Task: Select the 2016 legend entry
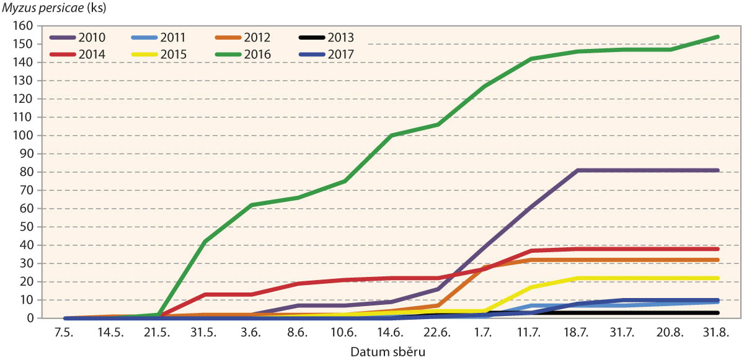pos(257,54)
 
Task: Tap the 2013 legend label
pos(340,38)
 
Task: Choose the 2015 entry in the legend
pos(174,54)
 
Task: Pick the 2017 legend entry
pos(340,54)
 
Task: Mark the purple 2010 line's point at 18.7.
pos(578,170)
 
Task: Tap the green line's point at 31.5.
pos(205,242)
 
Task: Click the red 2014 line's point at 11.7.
pos(531,250)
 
